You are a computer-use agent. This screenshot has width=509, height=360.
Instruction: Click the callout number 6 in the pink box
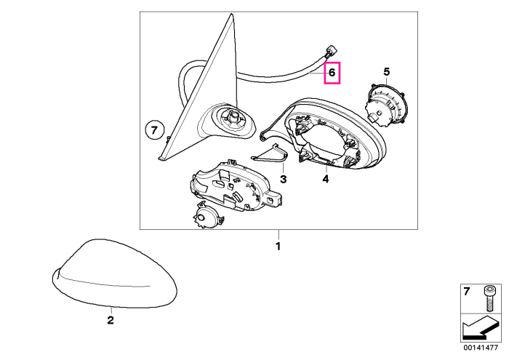point(332,73)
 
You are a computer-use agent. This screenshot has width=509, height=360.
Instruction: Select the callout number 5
point(386,72)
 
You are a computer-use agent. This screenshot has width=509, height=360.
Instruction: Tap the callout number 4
point(326,178)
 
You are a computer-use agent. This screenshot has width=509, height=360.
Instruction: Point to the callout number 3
point(284,179)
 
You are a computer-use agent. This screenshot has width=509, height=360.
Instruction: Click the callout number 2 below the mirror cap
point(111,321)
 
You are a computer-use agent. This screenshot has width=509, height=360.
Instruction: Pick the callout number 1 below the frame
point(278,247)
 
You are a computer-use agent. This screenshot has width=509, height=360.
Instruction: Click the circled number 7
point(154,131)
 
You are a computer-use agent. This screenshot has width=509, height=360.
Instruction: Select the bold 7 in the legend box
point(467,292)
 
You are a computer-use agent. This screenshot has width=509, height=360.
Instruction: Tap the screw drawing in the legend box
point(488,299)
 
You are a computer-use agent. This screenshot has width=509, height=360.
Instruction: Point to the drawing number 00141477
point(481,348)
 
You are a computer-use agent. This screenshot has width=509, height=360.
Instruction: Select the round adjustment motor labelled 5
point(386,104)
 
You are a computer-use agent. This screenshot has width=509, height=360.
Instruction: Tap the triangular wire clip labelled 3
point(270,153)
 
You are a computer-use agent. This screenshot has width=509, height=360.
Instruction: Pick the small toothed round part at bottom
point(207,215)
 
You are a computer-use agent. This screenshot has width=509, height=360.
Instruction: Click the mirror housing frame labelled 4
point(324,134)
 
